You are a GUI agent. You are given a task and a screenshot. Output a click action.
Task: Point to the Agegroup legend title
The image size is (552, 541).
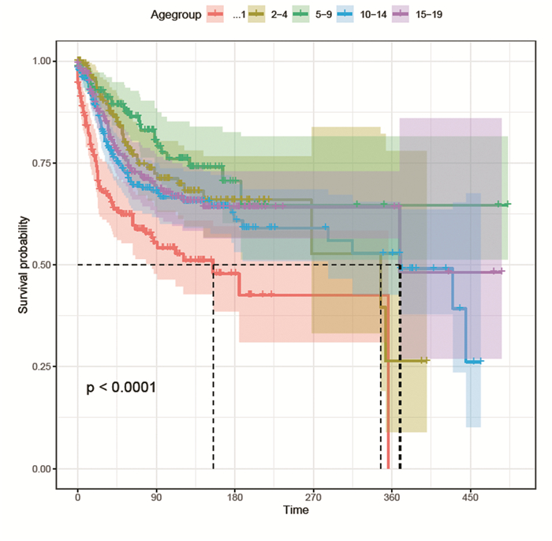174,13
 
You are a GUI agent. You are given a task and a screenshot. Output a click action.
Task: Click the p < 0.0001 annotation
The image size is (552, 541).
121,388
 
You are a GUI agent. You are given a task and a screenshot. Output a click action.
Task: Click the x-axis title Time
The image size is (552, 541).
296,511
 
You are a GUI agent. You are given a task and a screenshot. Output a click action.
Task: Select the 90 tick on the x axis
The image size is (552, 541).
156,497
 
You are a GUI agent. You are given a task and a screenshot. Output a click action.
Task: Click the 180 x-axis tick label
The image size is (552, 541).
235,497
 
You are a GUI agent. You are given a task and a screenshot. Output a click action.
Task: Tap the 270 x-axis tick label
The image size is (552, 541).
313,497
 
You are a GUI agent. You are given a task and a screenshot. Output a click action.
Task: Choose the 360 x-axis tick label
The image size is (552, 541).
392,497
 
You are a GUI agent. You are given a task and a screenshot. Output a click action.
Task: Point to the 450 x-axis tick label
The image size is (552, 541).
470,497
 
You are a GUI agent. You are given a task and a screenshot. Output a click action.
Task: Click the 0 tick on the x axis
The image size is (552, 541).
77,497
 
